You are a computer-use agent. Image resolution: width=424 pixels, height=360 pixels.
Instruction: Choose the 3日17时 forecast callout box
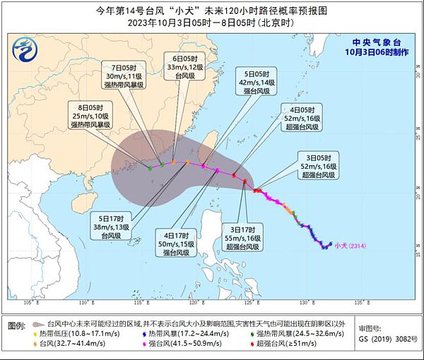(243, 236)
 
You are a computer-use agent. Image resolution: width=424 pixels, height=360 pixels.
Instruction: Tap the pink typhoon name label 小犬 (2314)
(350, 246)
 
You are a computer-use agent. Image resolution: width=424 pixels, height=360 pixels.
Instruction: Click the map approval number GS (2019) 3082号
(384, 339)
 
